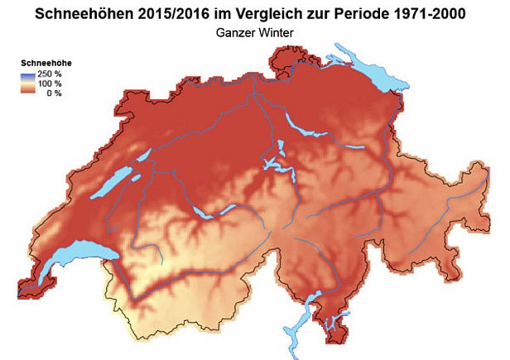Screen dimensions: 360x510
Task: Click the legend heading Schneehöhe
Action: coord(42,62)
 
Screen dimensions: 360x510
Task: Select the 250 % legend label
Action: coord(51,74)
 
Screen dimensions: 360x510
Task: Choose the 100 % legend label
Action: coord(51,84)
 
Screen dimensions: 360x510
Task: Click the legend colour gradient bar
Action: coord(28,84)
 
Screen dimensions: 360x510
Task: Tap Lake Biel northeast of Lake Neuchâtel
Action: coord(142,156)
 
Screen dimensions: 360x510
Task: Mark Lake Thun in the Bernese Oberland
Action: coord(202,213)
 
